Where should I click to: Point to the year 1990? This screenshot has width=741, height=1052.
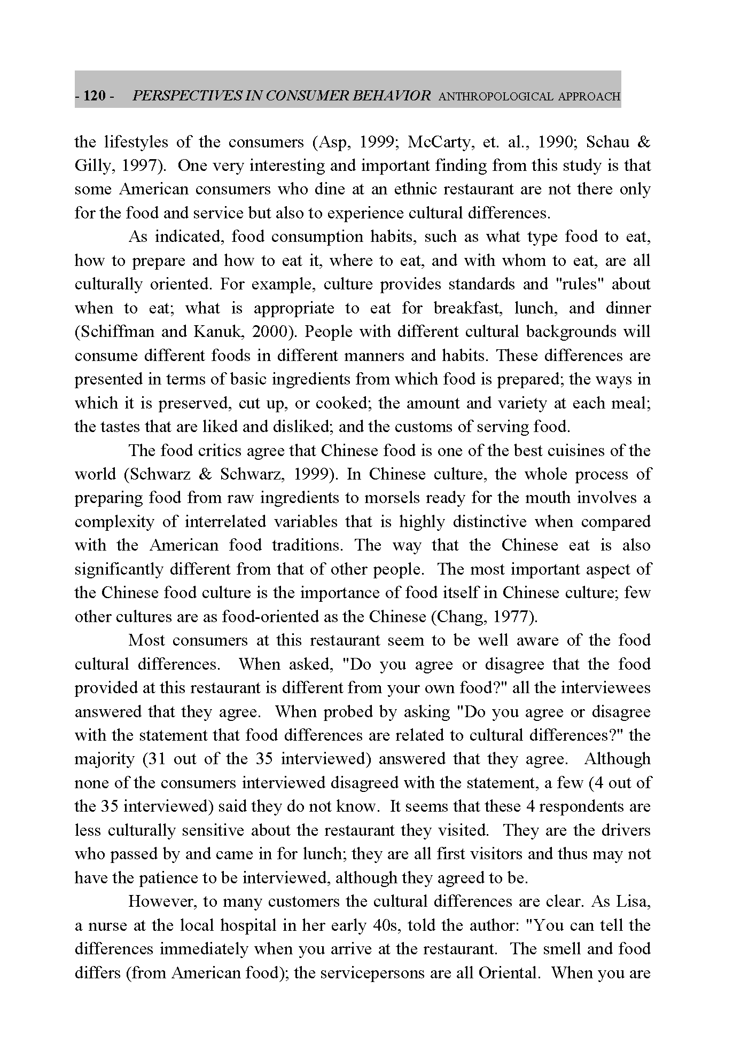(554, 142)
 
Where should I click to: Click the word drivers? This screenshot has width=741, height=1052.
(626, 830)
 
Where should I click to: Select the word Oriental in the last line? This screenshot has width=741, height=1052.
(508, 972)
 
